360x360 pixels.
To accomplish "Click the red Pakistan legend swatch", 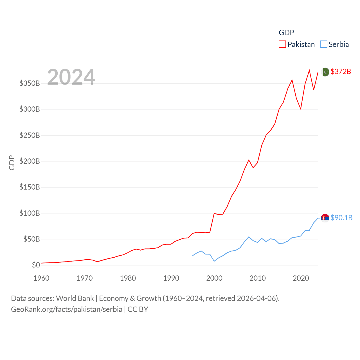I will coord(282,44).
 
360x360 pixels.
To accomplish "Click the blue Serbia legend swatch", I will coord(324,44).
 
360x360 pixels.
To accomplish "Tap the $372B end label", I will coord(341,71).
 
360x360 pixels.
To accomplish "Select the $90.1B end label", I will coord(341,218).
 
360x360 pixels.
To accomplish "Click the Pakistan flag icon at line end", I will coord(325,72).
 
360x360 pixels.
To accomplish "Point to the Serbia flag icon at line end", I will coord(325,218).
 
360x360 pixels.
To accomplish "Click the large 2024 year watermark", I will coord(71,77).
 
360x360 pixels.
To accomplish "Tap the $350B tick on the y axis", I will coord(30,83).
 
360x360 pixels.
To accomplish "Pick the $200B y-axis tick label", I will coord(30,161).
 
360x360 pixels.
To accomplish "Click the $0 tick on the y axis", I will coord(36,265).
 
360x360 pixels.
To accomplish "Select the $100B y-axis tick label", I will coord(30,213).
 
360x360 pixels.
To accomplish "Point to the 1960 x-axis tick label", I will coord(41,278).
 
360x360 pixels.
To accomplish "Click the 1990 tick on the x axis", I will coord(171,278).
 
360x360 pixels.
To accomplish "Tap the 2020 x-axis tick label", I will coord(301,278).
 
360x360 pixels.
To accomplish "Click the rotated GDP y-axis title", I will coord(12,163).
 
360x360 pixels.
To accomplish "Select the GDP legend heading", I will coord(286,33).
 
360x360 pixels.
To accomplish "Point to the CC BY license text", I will coord(138,309).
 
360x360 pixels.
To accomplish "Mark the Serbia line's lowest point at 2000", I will coord(214,261).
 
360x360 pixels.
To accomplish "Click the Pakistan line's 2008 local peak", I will coord(249,160).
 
